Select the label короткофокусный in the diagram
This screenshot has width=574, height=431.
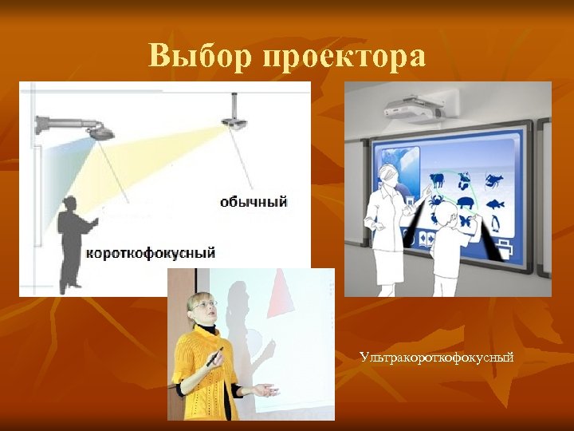pos(151,253)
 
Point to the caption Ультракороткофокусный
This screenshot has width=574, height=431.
pos(436,357)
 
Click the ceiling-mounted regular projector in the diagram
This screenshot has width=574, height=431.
pos(234,121)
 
